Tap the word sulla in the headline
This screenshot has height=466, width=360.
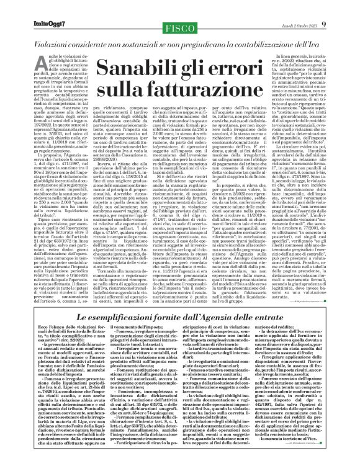pos(140,92)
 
